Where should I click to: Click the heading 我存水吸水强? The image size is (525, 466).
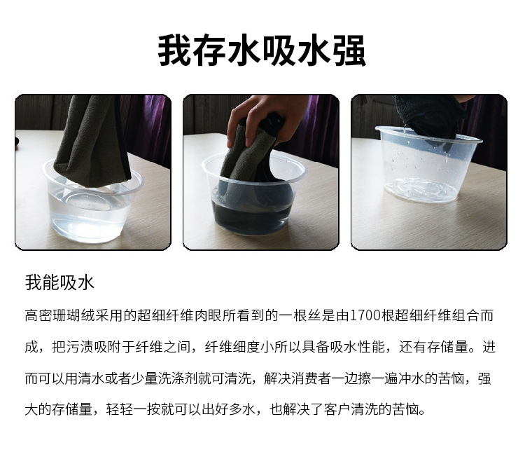[x=262, y=51]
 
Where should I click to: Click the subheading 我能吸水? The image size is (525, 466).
[x=59, y=282]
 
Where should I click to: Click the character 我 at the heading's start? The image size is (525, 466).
[x=174, y=51]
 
